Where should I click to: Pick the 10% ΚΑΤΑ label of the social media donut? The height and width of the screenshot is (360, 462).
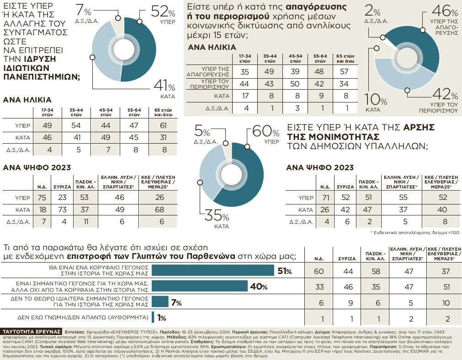point(373,102)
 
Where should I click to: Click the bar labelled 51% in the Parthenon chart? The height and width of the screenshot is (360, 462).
point(212,271)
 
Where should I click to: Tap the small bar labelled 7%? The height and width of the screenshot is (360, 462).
point(159,302)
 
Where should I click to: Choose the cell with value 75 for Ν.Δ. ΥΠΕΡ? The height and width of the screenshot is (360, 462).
point(41,198)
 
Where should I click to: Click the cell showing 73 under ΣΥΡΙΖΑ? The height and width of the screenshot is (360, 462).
point(64,209)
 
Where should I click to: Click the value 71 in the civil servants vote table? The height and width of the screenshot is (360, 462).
point(325,198)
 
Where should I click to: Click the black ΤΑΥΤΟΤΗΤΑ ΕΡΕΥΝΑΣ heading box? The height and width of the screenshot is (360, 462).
point(32,330)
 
